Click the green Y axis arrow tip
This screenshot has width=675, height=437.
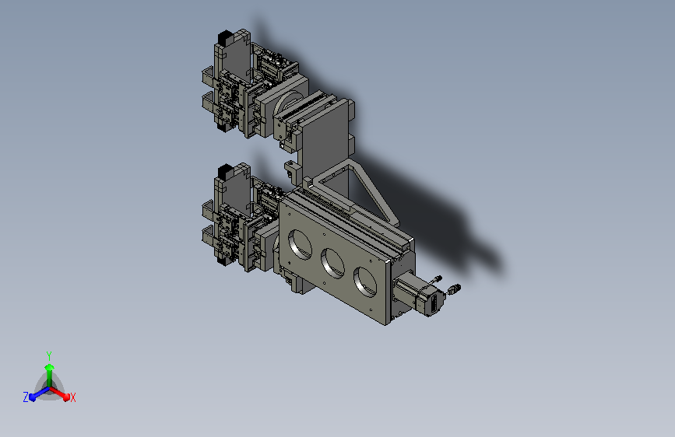click(x=49, y=367)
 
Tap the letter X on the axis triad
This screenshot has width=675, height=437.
click(x=73, y=398)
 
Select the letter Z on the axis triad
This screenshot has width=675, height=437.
click(x=26, y=397)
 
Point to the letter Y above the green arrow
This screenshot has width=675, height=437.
click(x=48, y=356)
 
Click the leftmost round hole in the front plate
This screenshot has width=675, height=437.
click(x=300, y=244)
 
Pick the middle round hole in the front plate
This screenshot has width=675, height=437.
click(x=332, y=263)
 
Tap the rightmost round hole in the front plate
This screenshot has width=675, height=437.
click(x=365, y=281)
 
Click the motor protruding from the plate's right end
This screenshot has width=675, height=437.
click(x=420, y=295)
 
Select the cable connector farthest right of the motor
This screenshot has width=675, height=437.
click(x=454, y=289)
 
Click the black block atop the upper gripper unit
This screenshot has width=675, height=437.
click(x=225, y=37)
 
